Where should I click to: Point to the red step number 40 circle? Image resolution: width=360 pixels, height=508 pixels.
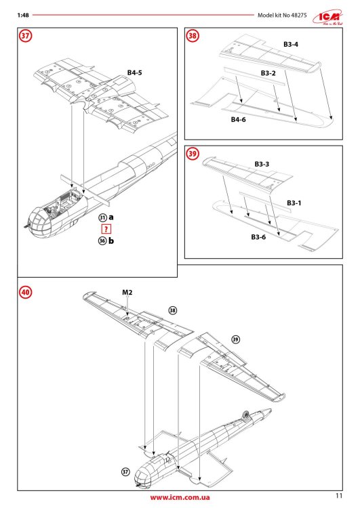coord(25,293)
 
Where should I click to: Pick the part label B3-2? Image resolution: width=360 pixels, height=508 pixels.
coord(269,72)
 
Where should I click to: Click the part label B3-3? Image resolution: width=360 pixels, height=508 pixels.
coord(262,164)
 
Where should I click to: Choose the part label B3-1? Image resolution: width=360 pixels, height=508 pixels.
coord(294,203)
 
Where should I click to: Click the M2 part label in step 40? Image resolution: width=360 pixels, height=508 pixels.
coord(127,292)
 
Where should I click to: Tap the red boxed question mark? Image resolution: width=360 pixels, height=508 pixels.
coord(105,229)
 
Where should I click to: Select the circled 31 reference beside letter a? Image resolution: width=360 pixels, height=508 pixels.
coord(102,217)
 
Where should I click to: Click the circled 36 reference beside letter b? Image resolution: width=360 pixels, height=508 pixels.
coord(102,241)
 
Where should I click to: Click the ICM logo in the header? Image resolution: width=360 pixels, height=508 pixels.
coord(327,16)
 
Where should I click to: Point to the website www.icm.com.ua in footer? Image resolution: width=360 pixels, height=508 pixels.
coord(179,498)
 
